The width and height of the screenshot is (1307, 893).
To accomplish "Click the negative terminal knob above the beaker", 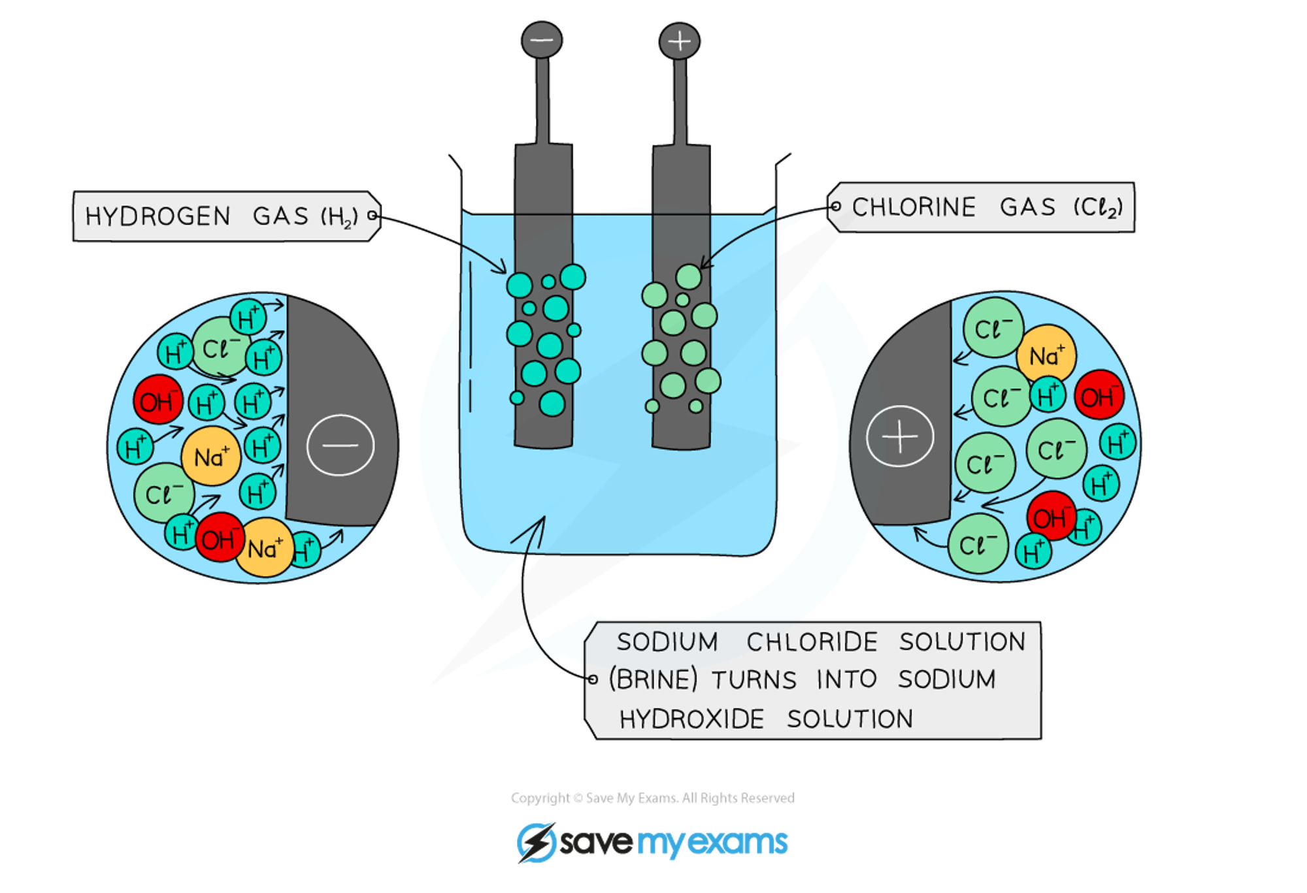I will pyautogui.click(x=542, y=41).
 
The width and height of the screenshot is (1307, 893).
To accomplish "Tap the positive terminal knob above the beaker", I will pyautogui.click(x=680, y=42).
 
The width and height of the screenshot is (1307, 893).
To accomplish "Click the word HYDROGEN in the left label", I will pyautogui.click(x=158, y=216).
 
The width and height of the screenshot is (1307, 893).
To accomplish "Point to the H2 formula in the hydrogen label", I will pyautogui.click(x=339, y=217).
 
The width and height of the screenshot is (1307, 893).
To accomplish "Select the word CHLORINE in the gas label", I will pyautogui.click(x=914, y=207).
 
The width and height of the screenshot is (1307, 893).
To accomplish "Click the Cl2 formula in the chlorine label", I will pyautogui.click(x=1098, y=208).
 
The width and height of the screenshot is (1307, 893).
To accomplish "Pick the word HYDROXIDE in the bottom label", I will pyautogui.click(x=691, y=719).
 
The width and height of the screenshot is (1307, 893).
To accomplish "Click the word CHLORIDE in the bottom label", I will pyautogui.click(x=812, y=642).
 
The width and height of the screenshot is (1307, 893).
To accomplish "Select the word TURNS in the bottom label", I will pyautogui.click(x=754, y=680).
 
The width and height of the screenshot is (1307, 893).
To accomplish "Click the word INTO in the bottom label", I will pyautogui.click(x=846, y=679).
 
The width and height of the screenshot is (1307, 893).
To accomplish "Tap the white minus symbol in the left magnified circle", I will pyautogui.click(x=340, y=446).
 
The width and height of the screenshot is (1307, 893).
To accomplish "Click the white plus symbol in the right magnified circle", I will pyautogui.click(x=900, y=436).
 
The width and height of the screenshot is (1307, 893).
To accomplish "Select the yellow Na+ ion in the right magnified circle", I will pyautogui.click(x=1046, y=355).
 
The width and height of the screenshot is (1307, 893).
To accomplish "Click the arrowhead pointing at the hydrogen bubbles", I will pyautogui.click(x=503, y=269).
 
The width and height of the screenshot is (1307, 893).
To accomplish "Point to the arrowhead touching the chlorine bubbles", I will pyautogui.click(x=703, y=265).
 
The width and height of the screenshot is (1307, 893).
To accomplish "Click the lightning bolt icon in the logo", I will pyautogui.click(x=536, y=843).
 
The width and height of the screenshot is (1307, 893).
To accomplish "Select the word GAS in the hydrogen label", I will pyautogui.click(x=280, y=216).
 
